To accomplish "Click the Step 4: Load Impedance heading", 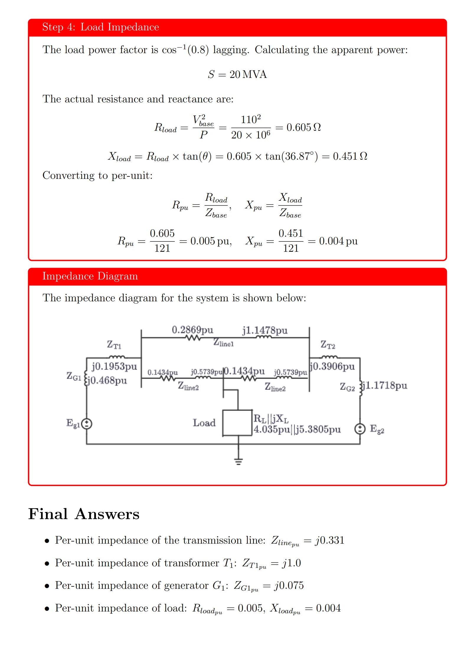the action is [100, 27].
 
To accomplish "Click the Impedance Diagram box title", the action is [90, 276].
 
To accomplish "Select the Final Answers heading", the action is [84, 514].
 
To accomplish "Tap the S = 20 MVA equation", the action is [237, 74].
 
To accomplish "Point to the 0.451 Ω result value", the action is [350, 156].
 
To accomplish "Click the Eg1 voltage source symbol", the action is [86, 424].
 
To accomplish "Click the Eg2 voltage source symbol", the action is [360, 429].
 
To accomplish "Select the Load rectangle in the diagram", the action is [237, 423].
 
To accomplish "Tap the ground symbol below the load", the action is [238, 461].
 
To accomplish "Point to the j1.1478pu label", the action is [265, 330].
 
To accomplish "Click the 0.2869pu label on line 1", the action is [192, 330].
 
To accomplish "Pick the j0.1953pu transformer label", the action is [114, 366].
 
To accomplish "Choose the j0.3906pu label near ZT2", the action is [332, 366].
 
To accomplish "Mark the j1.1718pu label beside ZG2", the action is [385, 385].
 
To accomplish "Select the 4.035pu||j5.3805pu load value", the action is [297, 429].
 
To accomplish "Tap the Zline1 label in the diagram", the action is [223, 342].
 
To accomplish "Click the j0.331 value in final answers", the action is [330, 540].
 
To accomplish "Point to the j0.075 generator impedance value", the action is [289, 586].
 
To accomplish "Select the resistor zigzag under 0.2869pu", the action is [193, 338].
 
